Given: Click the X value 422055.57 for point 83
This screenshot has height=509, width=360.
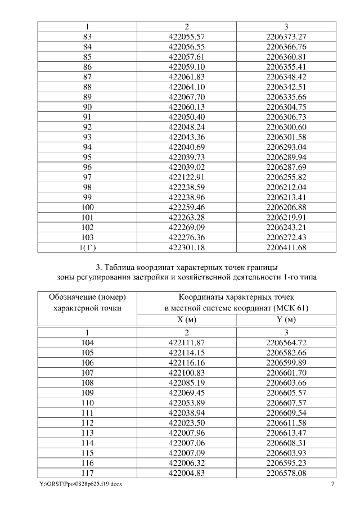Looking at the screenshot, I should [x=187, y=37].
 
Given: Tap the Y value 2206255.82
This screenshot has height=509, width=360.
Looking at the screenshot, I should [x=286, y=177].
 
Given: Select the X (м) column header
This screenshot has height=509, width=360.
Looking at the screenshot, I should [x=187, y=319].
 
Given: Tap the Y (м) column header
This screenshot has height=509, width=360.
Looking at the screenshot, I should [x=286, y=319].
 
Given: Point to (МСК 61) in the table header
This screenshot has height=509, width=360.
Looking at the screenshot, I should [x=289, y=308].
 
